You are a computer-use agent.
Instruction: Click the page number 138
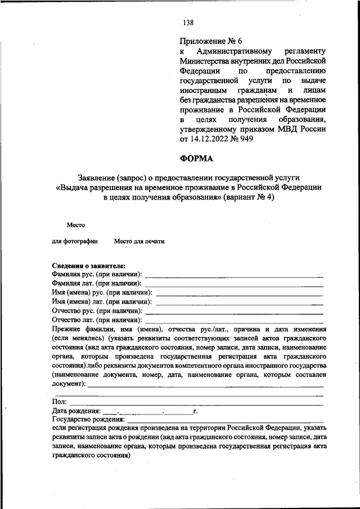coord(188,23)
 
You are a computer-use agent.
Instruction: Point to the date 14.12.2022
coord(210,139)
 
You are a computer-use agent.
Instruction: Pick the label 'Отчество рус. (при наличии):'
coord(97,310)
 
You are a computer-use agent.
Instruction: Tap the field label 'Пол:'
coord(59,402)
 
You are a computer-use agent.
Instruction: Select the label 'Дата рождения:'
coord(76,411)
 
